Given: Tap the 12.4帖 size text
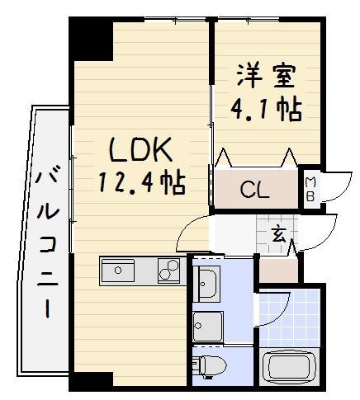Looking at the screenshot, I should coord(142,182).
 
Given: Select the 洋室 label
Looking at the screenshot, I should coord(267,76).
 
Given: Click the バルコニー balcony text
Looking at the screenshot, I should coord(45,240).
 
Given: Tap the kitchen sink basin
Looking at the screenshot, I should coord(120,270).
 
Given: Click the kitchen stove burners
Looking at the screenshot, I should coord(169,271).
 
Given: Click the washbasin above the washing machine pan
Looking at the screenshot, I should coord(207,283).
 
